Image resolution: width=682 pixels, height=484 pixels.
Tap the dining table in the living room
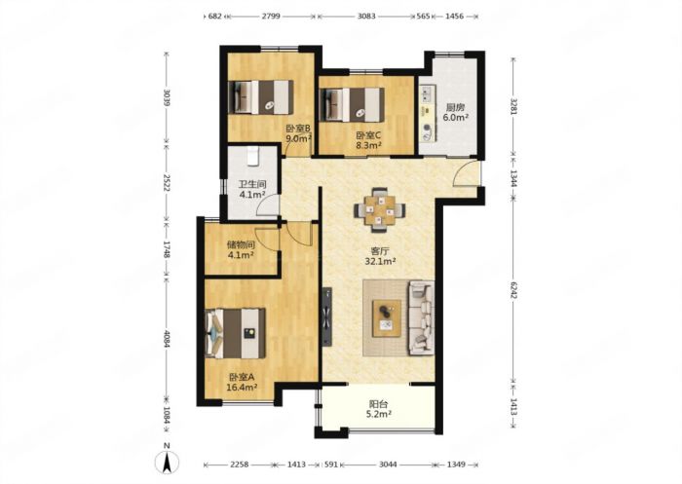(x=380, y=209)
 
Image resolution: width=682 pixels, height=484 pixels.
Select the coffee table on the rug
(x=387, y=317)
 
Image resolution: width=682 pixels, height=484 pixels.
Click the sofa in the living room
(x=422, y=317)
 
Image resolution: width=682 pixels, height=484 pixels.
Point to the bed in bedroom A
(x=236, y=333)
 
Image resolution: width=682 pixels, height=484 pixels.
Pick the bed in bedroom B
(x=260, y=97)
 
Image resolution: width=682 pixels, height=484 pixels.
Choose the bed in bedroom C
(x=352, y=104)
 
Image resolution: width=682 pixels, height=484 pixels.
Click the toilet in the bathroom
(x=252, y=156)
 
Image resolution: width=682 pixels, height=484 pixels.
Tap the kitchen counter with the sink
(x=427, y=114)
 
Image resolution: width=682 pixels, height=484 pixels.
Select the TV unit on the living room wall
(x=326, y=316)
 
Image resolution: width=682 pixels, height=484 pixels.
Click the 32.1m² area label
(x=380, y=261)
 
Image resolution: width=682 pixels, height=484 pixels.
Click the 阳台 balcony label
(x=378, y=404)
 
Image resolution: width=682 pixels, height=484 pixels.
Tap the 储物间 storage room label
(x=241, y=244)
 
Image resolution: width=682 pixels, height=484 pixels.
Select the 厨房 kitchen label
(x=455, y=107)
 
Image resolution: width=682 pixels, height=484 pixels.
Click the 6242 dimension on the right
(x=513, y=288)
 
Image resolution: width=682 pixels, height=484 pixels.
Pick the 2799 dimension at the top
(x=271, y=17)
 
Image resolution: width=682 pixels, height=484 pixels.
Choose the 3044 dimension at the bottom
(x=388, y=465)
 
